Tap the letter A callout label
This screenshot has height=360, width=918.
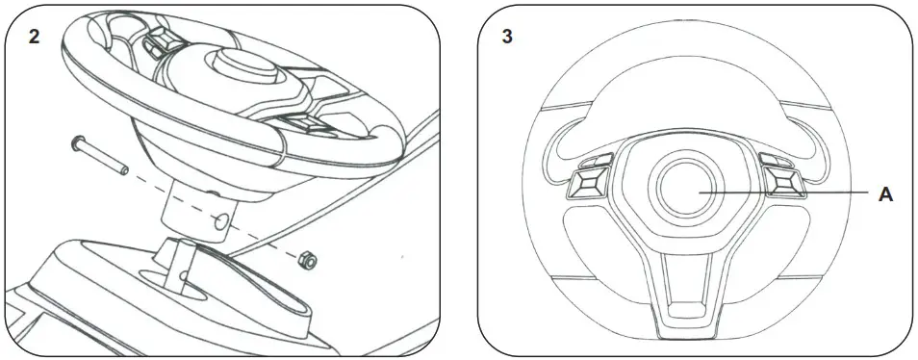(886, 194)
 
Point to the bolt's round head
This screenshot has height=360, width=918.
(75, 144)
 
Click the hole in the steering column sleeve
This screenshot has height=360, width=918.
(222, 221)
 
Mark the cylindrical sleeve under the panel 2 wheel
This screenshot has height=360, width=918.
(197, 207)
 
